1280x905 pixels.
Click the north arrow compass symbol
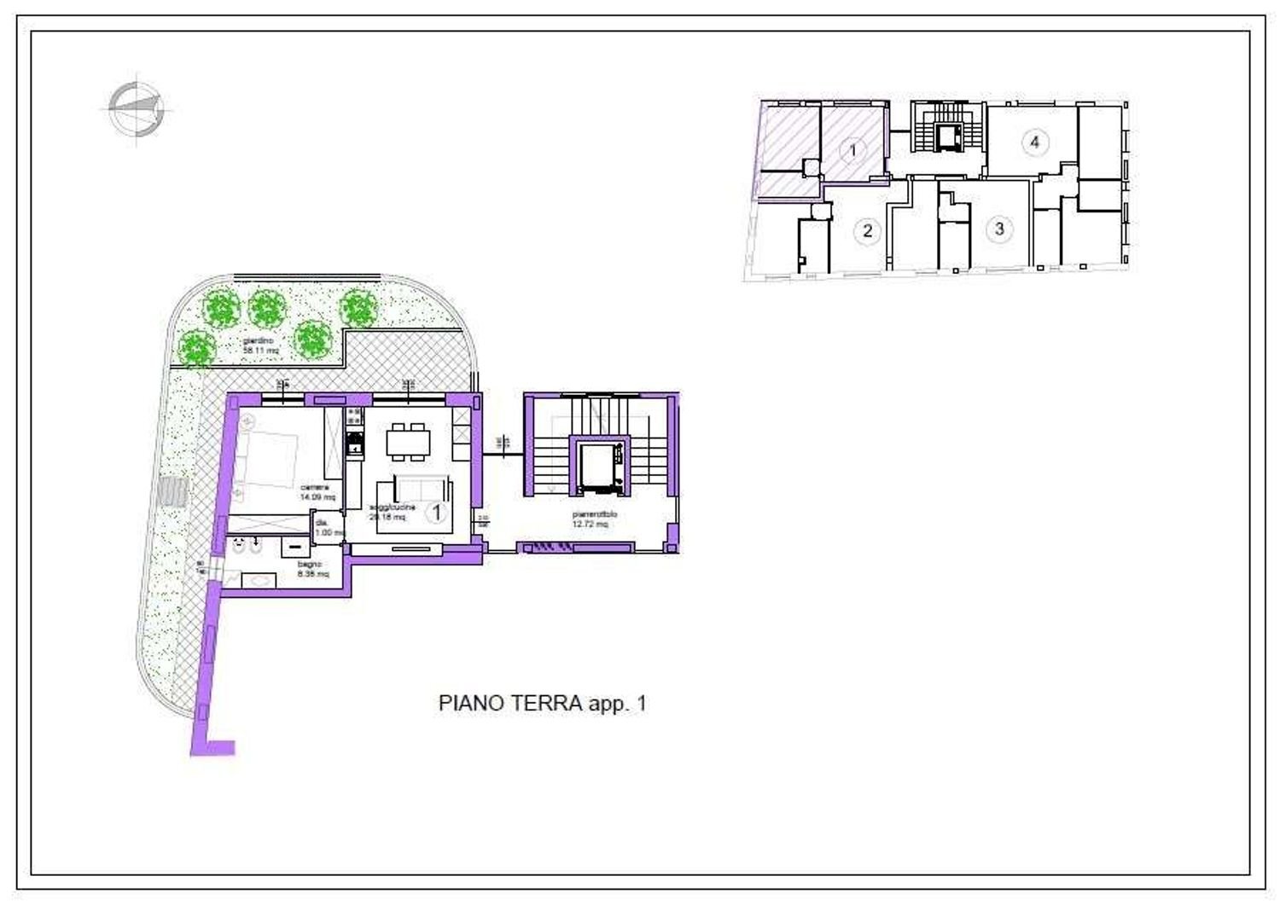136,107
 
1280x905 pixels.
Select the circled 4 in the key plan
1035,142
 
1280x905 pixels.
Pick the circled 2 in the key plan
867,230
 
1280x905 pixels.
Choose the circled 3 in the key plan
999,229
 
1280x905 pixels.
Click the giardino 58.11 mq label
262,345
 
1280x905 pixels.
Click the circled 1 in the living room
437,512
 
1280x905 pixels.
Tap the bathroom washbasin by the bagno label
259,580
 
